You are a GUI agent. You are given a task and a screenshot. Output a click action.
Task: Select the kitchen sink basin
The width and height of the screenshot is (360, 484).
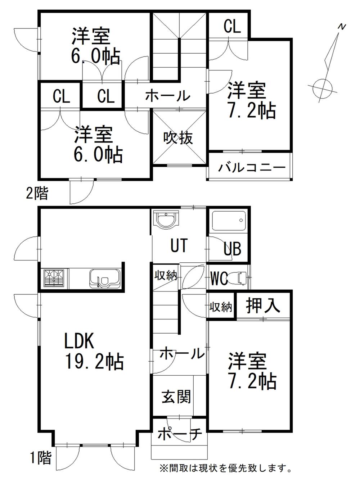point(105,279)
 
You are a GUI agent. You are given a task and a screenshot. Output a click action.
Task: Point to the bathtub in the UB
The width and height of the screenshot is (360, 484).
point(229,220)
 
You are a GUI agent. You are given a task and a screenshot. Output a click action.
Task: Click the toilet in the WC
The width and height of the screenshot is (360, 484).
point(239,278)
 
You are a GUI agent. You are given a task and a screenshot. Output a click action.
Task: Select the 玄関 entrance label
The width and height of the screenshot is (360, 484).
point(176,397)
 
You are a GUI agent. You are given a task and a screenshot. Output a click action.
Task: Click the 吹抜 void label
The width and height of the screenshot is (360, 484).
point(178,137)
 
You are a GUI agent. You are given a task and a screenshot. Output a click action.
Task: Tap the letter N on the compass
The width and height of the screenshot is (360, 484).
point(342,27)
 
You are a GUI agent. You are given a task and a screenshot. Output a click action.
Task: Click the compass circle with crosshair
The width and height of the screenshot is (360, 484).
point(321,87)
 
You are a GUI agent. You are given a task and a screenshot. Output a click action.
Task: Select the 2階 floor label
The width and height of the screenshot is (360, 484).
point(36,194)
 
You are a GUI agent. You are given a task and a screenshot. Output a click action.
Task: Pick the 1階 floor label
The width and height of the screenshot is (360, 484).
point(40,458)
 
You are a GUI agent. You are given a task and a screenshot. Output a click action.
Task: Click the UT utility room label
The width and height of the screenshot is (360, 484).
point(179,245)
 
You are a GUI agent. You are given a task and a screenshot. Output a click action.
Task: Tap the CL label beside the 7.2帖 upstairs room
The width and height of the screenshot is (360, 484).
point(232,26)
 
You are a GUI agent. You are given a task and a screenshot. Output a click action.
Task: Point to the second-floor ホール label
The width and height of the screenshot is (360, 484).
point(167,96)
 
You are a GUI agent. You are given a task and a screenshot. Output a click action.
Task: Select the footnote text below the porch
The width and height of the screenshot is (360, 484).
point(226,468)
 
